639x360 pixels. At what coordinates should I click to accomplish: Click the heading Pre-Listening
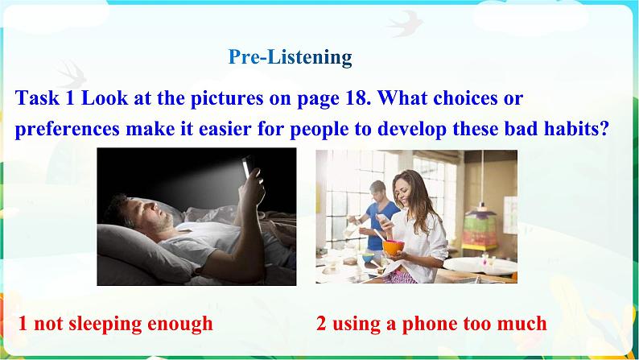(x=290, y=57)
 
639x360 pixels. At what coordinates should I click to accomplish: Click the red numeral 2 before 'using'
(x=321, y=324)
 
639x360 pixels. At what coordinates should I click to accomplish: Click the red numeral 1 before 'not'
(x=23, y=324)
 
